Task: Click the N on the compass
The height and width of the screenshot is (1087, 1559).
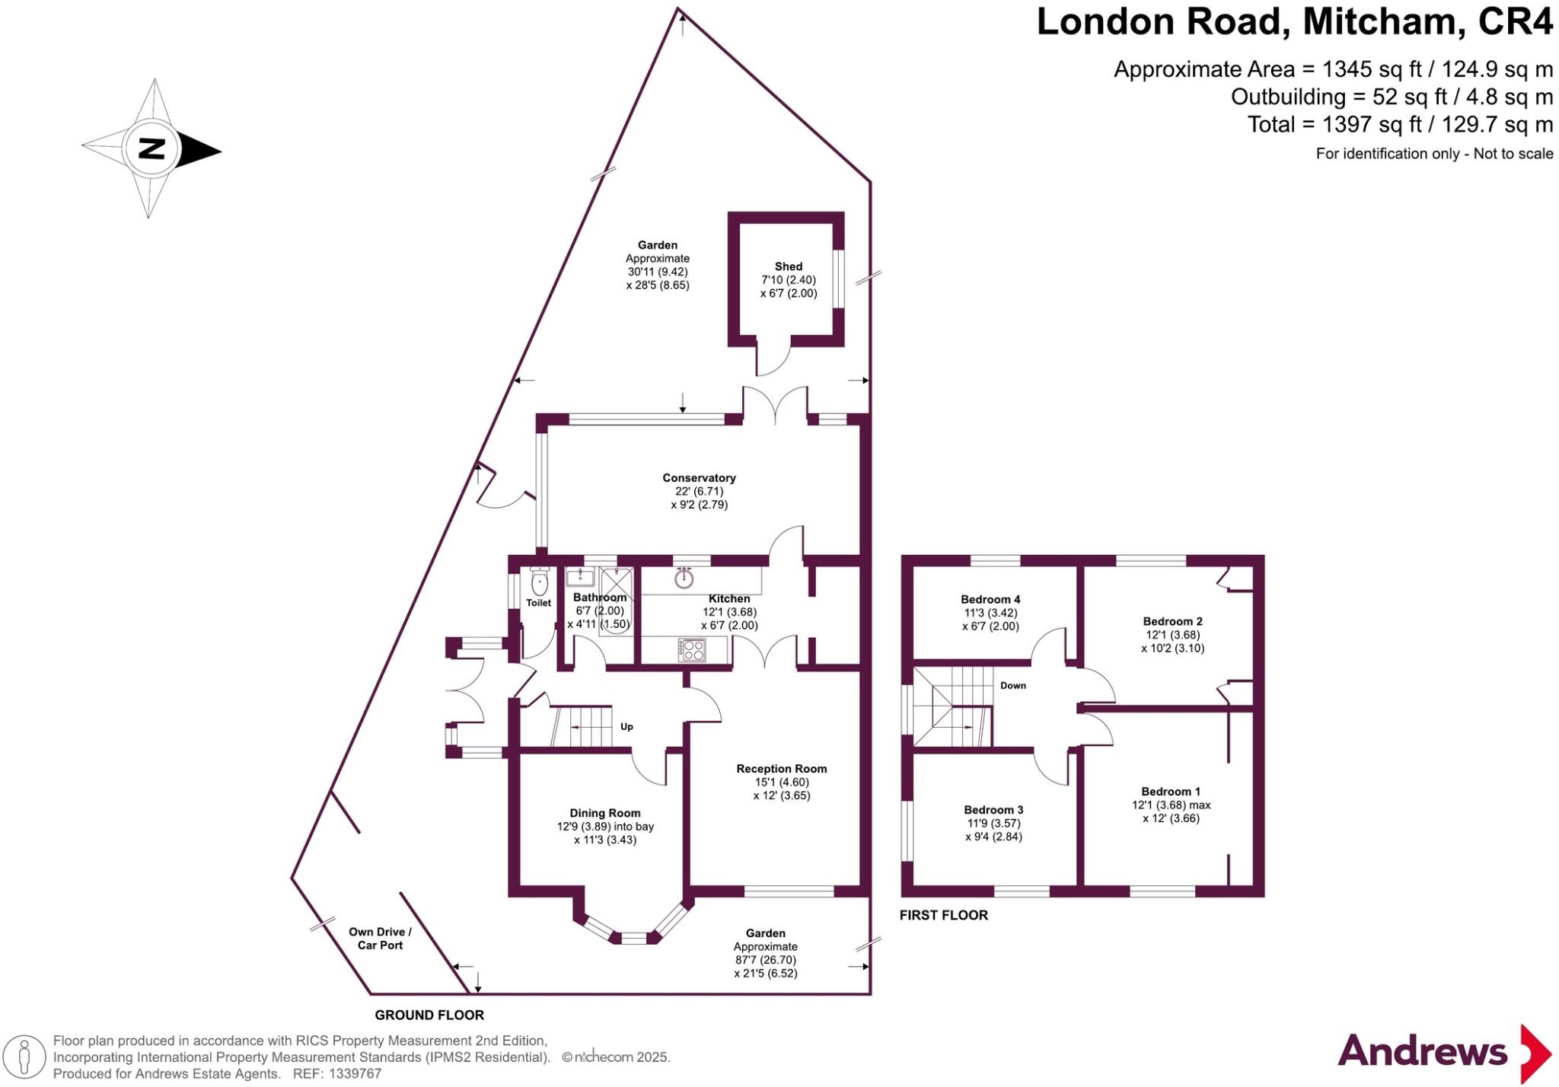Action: (x=152, y=148)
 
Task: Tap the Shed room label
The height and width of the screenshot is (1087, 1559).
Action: (x=788, y=266)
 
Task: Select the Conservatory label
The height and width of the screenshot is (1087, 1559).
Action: (x=699, y=478)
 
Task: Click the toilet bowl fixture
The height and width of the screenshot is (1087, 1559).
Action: (x=539, y=583)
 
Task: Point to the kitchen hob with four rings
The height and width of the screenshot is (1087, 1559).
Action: (x=692, y=650)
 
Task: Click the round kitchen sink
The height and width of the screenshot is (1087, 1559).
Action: (x=684, y=579)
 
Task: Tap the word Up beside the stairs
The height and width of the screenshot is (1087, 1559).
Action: (x=626, y=726)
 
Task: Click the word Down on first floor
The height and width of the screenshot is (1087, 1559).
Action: (x=1012, y=685)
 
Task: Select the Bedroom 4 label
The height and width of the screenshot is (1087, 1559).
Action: (x=990, y=599)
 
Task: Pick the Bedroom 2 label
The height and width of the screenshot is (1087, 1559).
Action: (x=1172, y=621)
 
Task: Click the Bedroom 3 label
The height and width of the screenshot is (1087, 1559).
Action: (x=993, y=809)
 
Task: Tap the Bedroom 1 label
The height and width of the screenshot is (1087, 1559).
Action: (x=1171, y=791)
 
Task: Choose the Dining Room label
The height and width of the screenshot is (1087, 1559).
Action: (x=605, y=813)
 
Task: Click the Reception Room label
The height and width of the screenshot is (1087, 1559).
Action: (x=781, y=769)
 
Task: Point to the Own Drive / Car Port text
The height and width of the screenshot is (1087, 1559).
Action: (x=380, y=939)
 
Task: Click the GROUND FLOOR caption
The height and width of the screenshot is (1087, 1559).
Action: (x=429, y=1015)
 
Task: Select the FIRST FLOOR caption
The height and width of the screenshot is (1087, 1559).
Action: (x=943, y=915)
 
